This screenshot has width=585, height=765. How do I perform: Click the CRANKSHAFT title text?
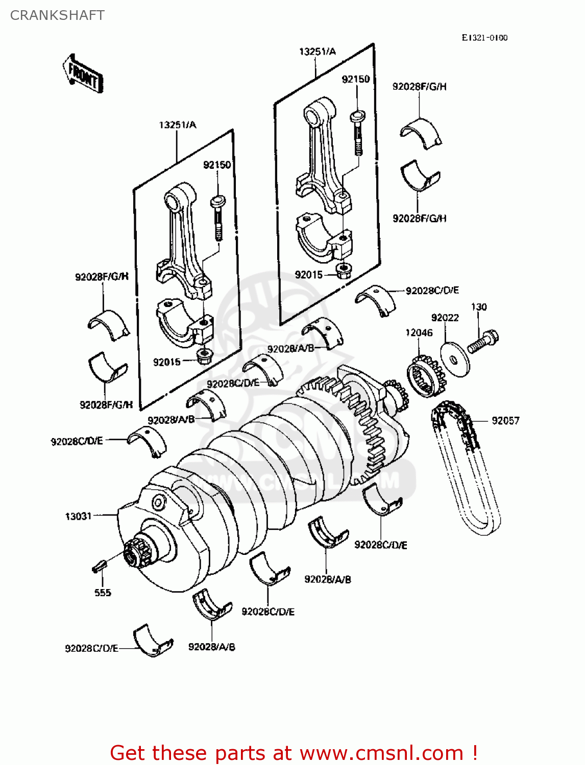[x=57, y=15]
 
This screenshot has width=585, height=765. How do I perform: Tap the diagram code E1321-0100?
[x=484, y=38]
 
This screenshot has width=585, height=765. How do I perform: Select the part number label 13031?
[x=78, y=516]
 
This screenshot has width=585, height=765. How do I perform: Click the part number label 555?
[x=103, y=593]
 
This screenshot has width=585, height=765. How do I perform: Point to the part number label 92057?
[x=505, y=421]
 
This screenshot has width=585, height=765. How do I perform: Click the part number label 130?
[x=478, y=307]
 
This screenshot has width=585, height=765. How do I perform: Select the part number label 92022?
[x=445, y=318]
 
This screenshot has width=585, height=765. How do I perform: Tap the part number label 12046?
[x=419, y=333]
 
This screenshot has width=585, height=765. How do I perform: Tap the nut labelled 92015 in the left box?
[x=204, y=355]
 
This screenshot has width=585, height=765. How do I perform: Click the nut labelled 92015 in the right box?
[x=343, y=270]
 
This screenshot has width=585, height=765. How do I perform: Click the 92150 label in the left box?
[x=217, y=165]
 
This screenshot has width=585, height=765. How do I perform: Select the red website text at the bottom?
[x=294, y=753]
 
